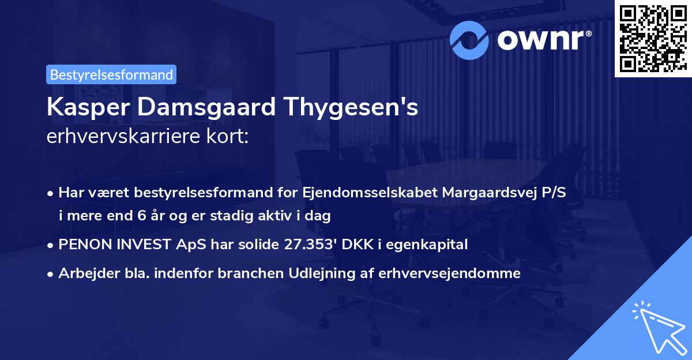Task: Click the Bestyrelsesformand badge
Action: coord(111,74)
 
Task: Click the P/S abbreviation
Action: coord(553,193)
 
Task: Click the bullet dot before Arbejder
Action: coord(51,274)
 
